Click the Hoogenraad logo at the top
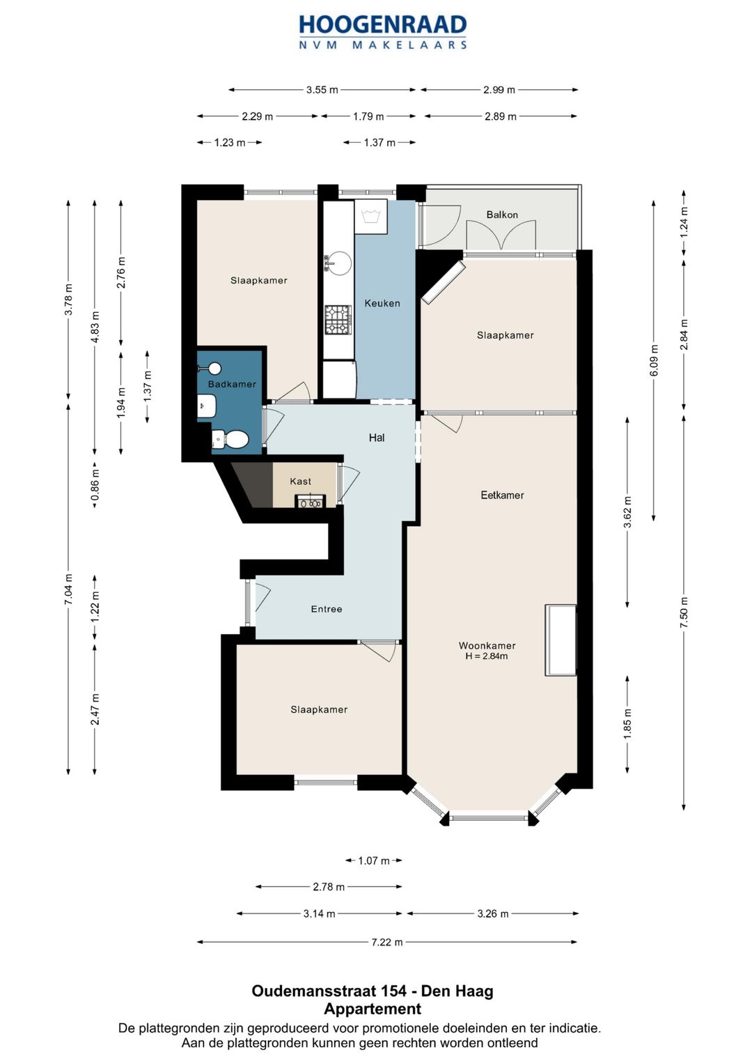[383, 31]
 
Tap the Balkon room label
[502, 215]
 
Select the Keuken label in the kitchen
[382, 303]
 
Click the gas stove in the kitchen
[338, 319]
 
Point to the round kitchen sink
[338, 262]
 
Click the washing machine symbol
[370, 216]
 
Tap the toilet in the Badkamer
[230, 438]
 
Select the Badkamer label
[232, 384]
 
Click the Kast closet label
[301, 481]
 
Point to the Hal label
[377, 438]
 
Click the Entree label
[327, 609]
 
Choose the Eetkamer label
[502, 495]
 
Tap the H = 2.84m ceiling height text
[487, 656]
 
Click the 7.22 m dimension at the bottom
[387, 942]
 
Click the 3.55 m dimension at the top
[322, 89]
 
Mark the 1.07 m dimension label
[374, 861]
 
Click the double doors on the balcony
[501, 235]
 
